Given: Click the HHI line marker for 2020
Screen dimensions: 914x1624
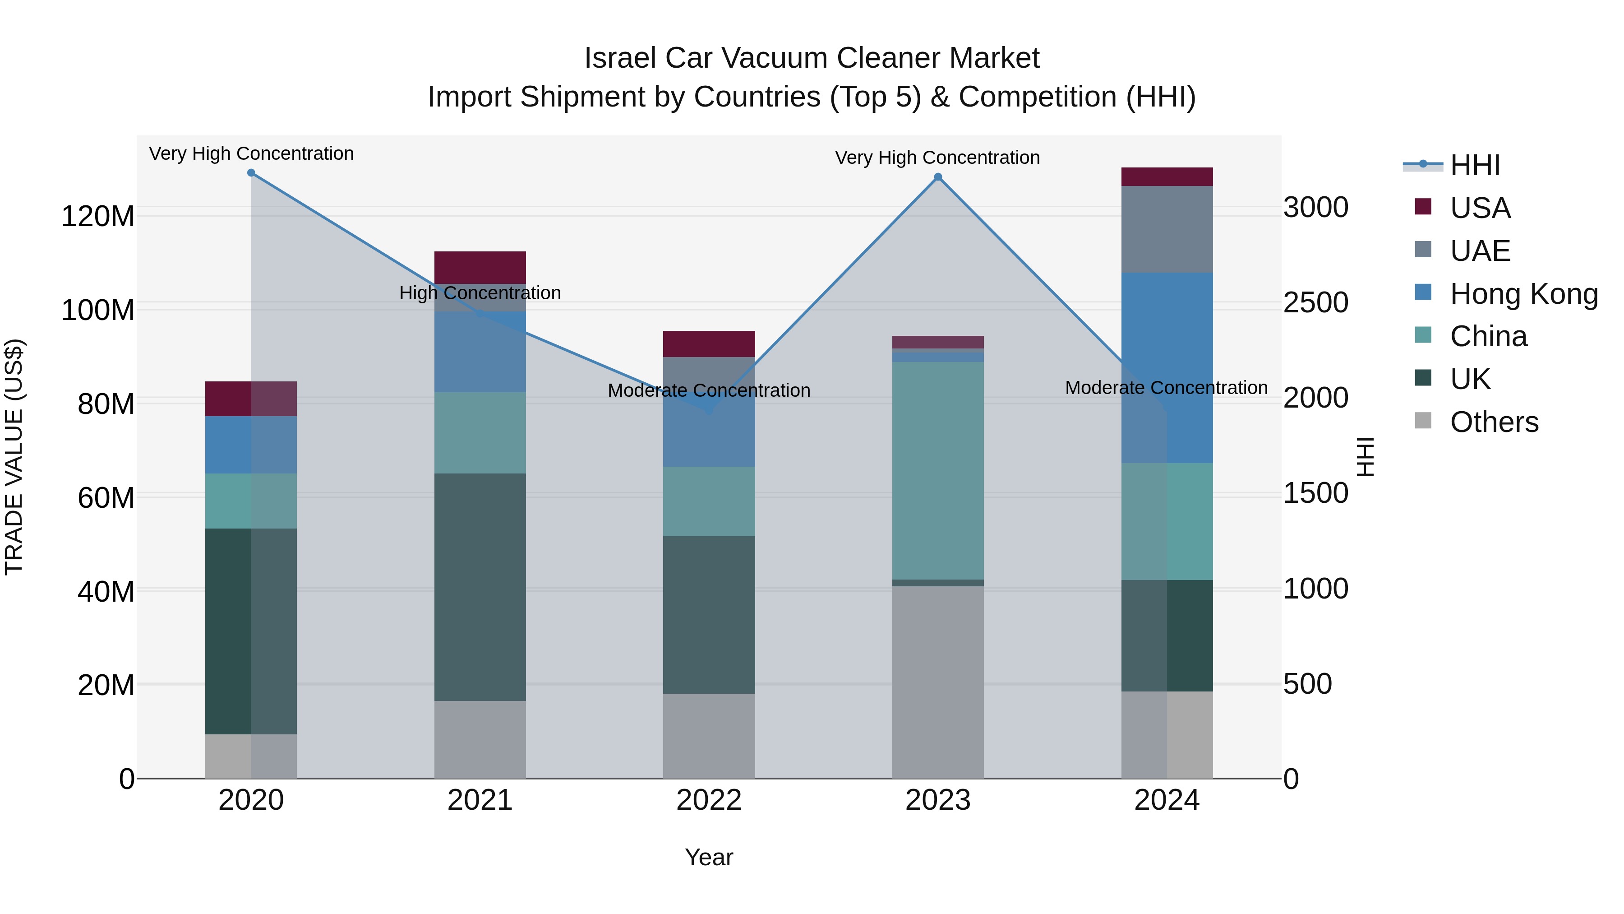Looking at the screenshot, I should [x=251, y=173].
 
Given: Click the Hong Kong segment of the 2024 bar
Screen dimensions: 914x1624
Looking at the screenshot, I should [x=1167, y=368].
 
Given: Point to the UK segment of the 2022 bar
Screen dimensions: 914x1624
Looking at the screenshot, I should [x=709, y=615].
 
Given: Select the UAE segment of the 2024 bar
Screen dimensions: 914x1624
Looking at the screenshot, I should [x=1167, y=229].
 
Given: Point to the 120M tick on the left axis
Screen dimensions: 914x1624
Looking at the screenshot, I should [x=98, y=216].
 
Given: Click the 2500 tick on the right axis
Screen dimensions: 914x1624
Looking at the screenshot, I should [x=1316, y=303].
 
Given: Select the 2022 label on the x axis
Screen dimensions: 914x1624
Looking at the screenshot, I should [x=709, y=800].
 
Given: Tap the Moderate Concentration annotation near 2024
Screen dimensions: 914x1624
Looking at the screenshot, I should [x=1166, y=388].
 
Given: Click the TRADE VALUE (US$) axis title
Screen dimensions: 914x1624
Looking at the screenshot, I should [x=14, y=457].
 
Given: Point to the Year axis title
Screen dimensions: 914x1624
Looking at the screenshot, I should [x=709, y=857].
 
